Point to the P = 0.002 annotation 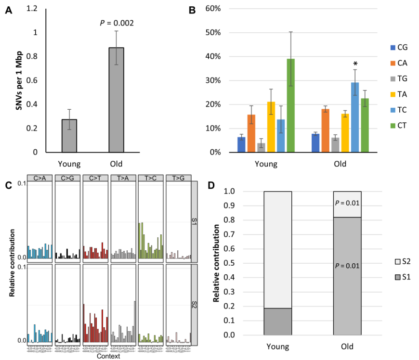116,23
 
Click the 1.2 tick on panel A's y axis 32,9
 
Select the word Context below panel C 109,356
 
